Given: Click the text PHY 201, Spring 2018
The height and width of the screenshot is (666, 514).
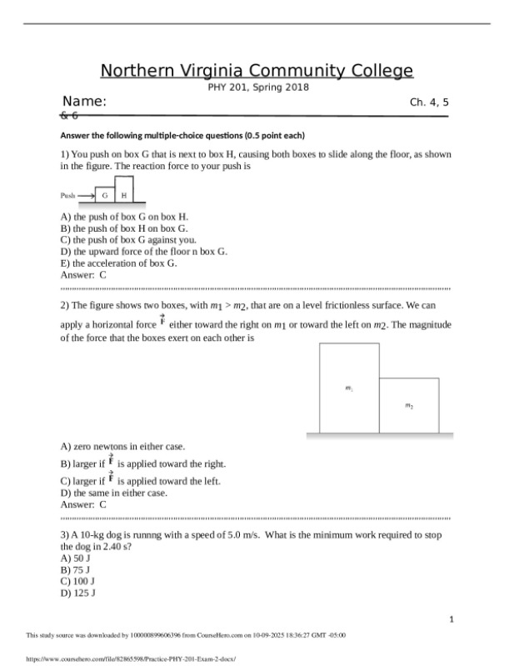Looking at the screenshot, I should [x=257, y=88].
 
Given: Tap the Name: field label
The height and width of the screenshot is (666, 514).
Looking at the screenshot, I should [x=84, y=102].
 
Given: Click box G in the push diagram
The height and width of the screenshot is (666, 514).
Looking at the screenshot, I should [x=104, y=195].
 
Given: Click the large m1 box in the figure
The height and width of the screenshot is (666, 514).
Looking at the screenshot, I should [x=349, y=388].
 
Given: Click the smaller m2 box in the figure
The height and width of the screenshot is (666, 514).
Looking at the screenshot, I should [x=408, y=406].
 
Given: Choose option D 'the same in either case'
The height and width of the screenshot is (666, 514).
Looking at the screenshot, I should [x=114, y=493].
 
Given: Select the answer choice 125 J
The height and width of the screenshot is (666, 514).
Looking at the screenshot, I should [x=77, y=593].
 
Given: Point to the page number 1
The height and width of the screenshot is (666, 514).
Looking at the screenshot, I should [x=451, y=619].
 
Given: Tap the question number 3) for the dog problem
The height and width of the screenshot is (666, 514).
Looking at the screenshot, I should [x=66, y=534].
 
